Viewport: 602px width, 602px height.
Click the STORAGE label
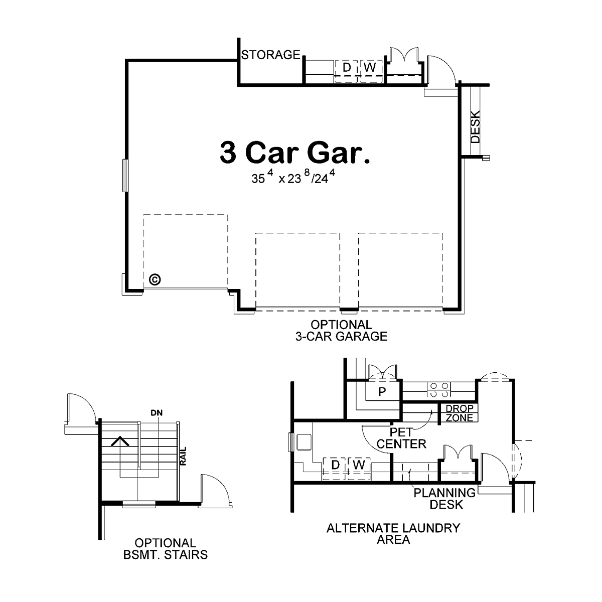[x=270, y=55]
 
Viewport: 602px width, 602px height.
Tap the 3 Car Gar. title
[x=295, y=153]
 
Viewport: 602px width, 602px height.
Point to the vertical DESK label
[x=475, y=127]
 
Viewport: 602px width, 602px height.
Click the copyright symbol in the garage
[x=155, y=279]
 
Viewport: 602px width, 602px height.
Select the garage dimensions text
[x=293, y=177]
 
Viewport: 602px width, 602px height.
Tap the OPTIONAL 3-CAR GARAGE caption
[x=342, y=331]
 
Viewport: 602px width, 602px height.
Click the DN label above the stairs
[x=157, y=413]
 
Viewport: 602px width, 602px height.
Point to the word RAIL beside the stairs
[x=184, y=456]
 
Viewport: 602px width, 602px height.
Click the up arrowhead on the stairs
[x=120, y=441]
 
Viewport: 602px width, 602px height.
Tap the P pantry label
[x=382, y=392]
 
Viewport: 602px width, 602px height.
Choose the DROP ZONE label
[x=459, y=413]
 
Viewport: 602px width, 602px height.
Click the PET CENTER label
[x=401, y=438]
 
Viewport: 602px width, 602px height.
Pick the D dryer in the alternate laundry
[x=335, y=465]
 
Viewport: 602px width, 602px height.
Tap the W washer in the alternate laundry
[x=359, y=465]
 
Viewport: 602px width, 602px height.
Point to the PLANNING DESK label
[x=445, y=499]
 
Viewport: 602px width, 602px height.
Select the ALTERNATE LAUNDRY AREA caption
[x=393, y=534]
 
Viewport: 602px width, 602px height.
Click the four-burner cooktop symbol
[x=438, y=389]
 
